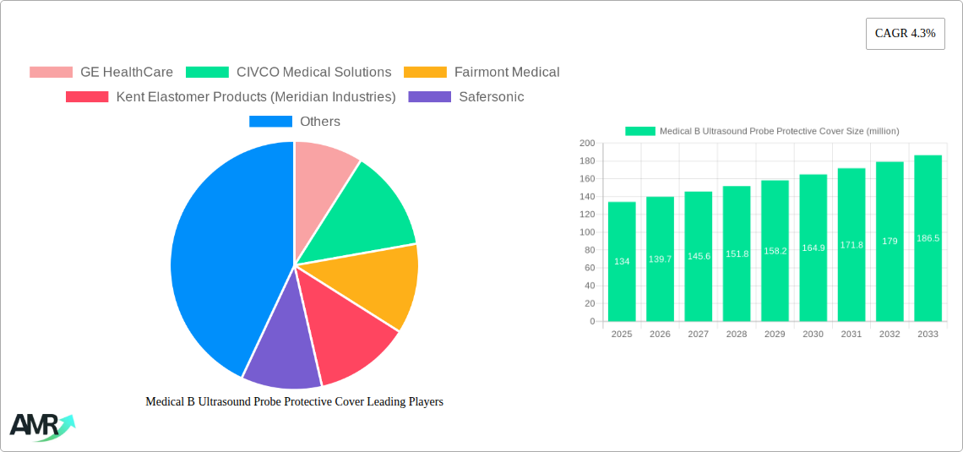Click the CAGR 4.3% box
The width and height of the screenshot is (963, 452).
click(905, 34)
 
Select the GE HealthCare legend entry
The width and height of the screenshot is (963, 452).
click(101, 73)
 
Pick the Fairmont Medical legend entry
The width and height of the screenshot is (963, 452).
click(481, 73)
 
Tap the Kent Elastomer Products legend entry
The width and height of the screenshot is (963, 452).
click(231, 97)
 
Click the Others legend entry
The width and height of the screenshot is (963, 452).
click(295, 122)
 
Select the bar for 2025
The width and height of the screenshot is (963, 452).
click(622, 262)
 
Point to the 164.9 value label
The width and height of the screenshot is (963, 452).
click(813, 248)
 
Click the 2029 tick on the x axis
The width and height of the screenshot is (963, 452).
click(775, 335)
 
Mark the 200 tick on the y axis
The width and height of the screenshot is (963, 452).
click(587, 144)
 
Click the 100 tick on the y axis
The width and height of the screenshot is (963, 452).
click(587, 232)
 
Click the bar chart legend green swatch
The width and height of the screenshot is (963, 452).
click(639, 131)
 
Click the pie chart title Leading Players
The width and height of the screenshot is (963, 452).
click(294, 402)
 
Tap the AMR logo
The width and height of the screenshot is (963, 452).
click(41, 426)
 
